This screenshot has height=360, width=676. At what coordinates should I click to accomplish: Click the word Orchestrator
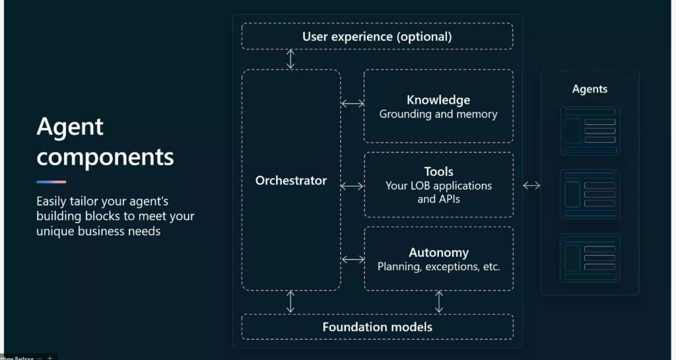[291, 180]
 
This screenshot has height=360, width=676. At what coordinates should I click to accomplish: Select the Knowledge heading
[438, 100]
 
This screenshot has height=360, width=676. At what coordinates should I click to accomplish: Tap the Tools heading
[438, 172]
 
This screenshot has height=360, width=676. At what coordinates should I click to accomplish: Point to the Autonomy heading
[438, 252]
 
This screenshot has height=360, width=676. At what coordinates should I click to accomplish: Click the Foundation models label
[377, 327]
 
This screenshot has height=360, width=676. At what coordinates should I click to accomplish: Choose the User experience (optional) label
[377, 36]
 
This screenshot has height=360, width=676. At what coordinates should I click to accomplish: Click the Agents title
[590, 89]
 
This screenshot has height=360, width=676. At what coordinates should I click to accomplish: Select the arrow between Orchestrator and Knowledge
[353, 104]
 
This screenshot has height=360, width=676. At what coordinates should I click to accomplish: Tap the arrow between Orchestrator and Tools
[353, 186]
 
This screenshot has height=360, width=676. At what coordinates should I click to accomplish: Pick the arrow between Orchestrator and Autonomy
[353, 260]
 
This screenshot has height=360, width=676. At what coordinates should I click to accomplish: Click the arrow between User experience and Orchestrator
[290, 59]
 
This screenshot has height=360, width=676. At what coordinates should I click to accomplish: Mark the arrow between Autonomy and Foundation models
[439, 302]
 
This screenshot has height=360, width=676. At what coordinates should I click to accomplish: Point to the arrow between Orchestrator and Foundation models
[290, 302]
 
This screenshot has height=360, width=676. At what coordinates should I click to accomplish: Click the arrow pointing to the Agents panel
[531, 186]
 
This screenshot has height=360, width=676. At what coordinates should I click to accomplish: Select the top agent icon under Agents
[590, 131]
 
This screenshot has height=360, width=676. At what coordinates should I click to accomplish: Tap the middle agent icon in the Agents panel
[590, 194]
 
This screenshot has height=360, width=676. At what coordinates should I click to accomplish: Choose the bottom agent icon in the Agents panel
[590, 258]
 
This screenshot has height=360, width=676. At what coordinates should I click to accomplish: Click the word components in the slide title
[105, 157]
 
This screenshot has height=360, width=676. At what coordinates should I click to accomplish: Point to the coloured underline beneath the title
[51, 182]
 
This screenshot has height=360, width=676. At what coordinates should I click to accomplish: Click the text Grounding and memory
[438, 114]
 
